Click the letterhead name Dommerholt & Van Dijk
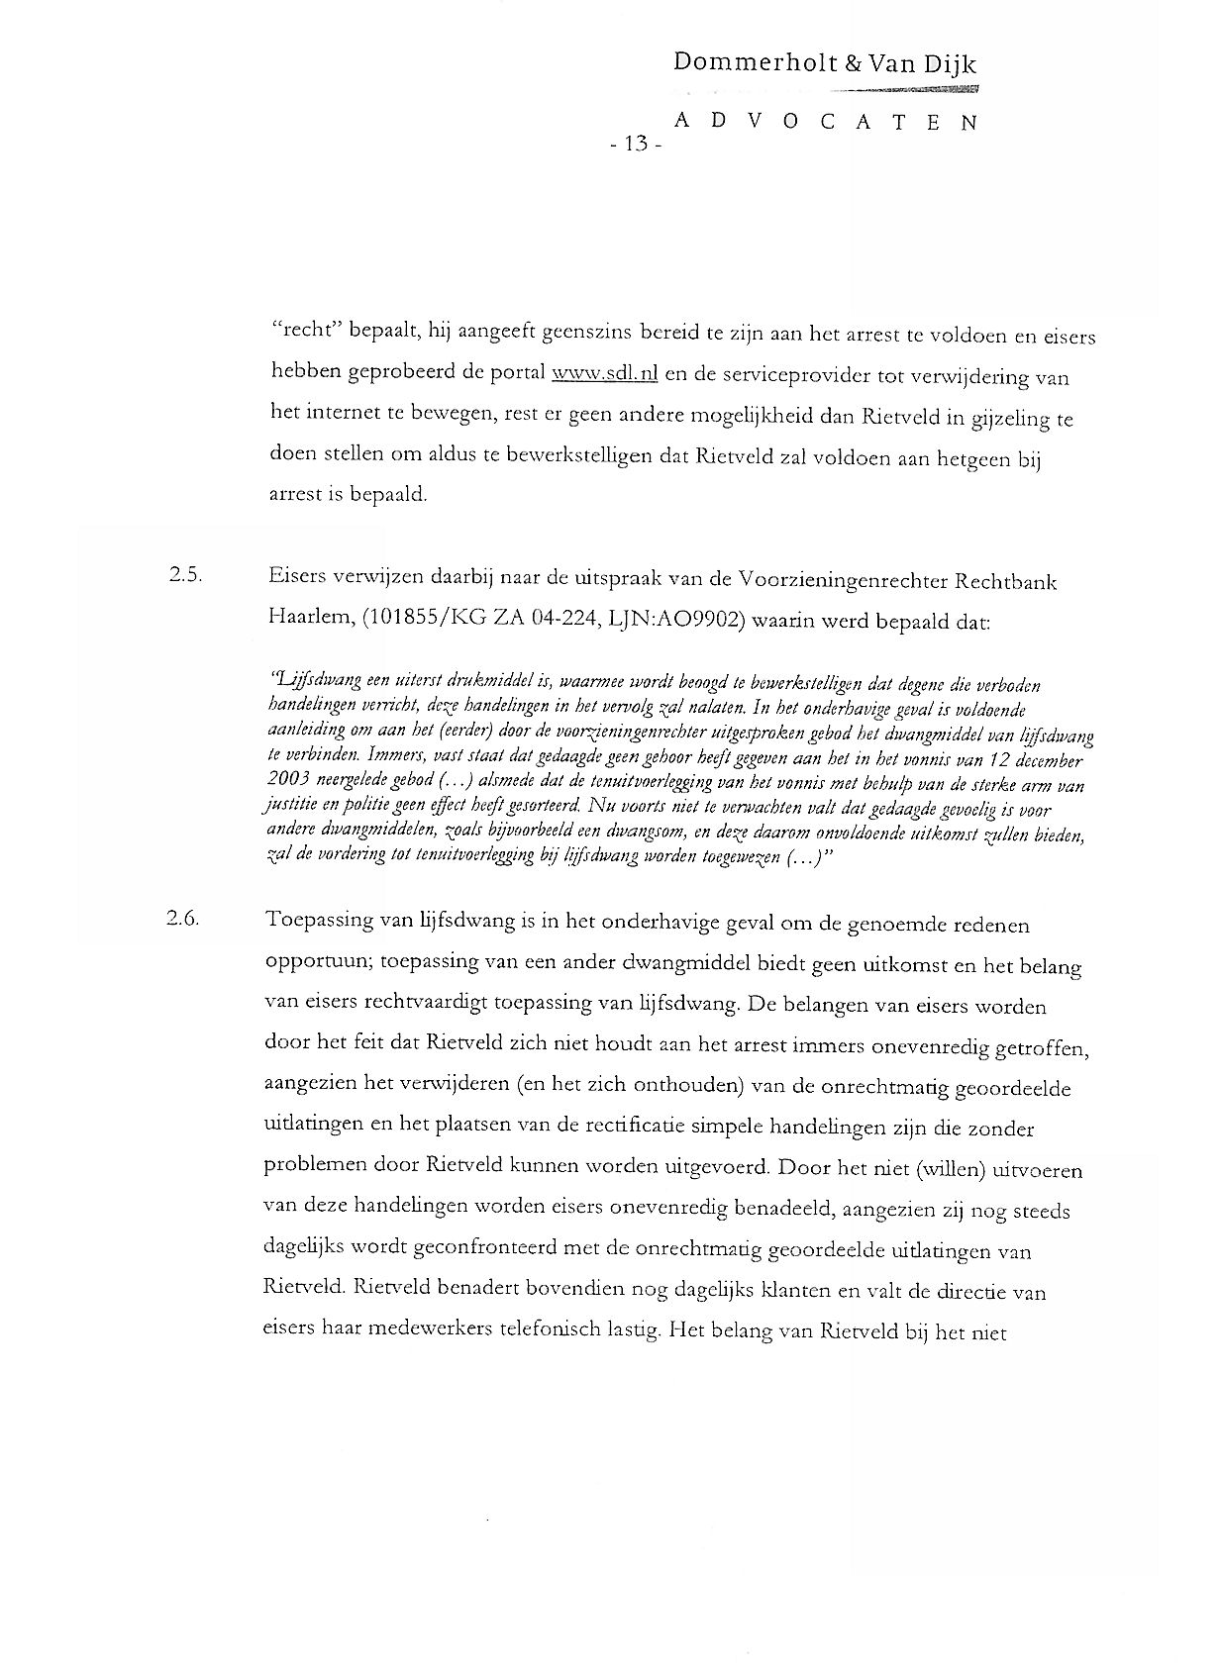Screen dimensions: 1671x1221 (825, 64)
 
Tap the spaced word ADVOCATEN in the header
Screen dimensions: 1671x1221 (825, 122)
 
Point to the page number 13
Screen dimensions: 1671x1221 (634, 145)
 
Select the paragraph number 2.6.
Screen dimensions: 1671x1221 (184, 918)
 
